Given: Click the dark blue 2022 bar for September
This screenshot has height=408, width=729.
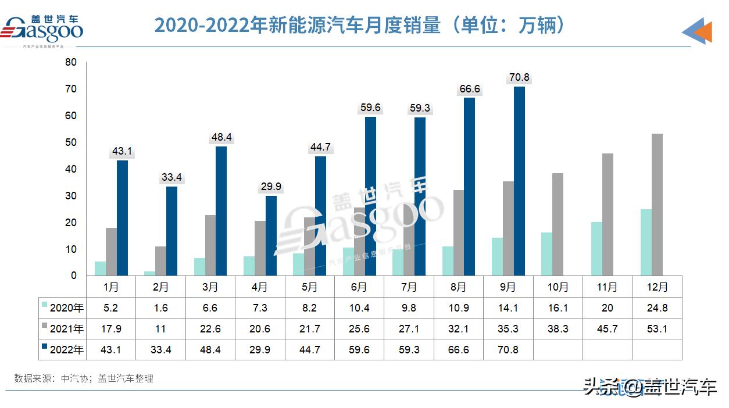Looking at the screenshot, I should click(519, 181).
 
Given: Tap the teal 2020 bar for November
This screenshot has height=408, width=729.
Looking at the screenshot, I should click(596, 249).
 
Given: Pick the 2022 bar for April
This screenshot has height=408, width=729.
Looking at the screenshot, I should click(271, 235).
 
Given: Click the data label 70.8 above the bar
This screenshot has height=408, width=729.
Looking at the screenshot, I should click(519, 77).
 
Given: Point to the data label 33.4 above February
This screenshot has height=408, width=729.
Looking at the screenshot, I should click(172, 177).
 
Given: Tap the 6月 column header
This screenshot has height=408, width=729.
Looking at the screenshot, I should click(359, 287).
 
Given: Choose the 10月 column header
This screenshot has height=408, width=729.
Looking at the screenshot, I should click(558, 287).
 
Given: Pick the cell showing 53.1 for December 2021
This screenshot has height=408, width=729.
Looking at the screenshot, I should click(657, 329).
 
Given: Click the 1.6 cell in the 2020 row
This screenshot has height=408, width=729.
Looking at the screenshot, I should click(160, 308).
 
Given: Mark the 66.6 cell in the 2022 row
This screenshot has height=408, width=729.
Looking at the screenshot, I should click(458, 350).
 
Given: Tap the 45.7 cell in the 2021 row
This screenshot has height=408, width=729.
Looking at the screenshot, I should click(607, 329).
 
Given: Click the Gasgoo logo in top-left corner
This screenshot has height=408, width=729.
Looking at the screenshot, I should click(44, 28).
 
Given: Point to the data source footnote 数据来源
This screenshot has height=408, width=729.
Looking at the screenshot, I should click(84, 378).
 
